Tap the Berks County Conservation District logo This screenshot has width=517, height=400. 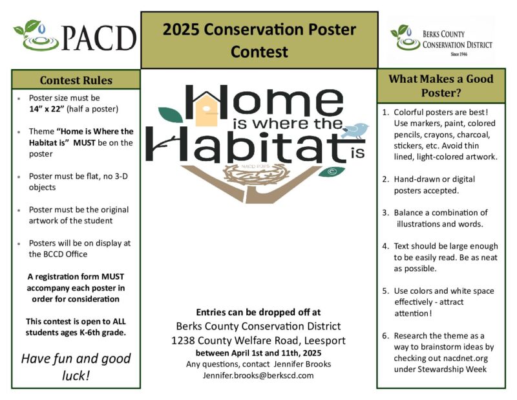tap(442, 40)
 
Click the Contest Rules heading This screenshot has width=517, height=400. tap(76, 80)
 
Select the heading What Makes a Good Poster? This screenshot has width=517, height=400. tap(440, 85)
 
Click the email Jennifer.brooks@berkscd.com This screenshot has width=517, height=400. tap(258, 375)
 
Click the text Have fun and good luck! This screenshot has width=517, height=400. tap(76, 366)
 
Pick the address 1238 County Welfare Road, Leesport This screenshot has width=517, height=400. tap(258, 340)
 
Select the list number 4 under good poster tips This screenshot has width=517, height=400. tap(385, 246)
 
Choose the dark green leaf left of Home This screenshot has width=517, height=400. tap(171, 115)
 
